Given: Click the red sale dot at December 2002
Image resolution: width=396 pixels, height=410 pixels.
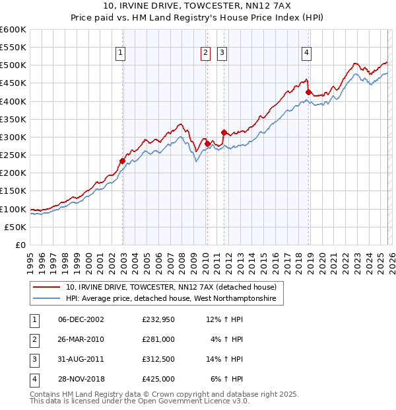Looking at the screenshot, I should (123, 161).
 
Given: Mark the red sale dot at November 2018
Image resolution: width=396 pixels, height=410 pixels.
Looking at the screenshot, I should (309, 92).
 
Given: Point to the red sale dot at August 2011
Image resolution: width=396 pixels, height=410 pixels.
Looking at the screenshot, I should (224, 132).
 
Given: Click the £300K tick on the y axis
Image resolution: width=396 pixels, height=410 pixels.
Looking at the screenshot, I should (13, 137).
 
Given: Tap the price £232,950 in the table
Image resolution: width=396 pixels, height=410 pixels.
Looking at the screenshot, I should (158, 319).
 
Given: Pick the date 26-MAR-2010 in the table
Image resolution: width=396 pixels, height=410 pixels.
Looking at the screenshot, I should (81, 339).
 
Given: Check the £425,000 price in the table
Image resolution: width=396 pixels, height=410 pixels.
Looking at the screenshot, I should (158, 379).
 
